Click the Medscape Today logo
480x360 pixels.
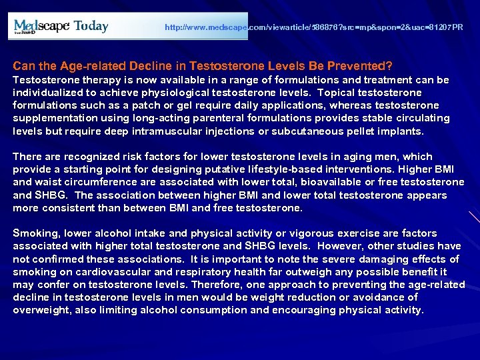pyautogui.click(x=61, y=27)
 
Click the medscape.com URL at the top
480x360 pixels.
pyautogui.click(x=313, y=28)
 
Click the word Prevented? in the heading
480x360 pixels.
pyautogui.click(x=364, y=67)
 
